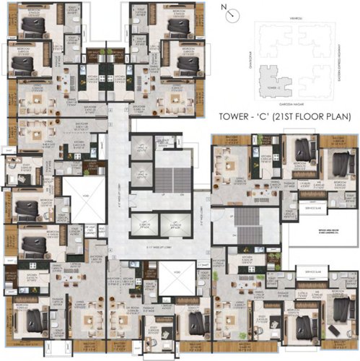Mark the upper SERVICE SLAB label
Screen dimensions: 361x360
tap(304, 210)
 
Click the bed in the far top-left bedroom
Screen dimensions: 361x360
tap(32, 27)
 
